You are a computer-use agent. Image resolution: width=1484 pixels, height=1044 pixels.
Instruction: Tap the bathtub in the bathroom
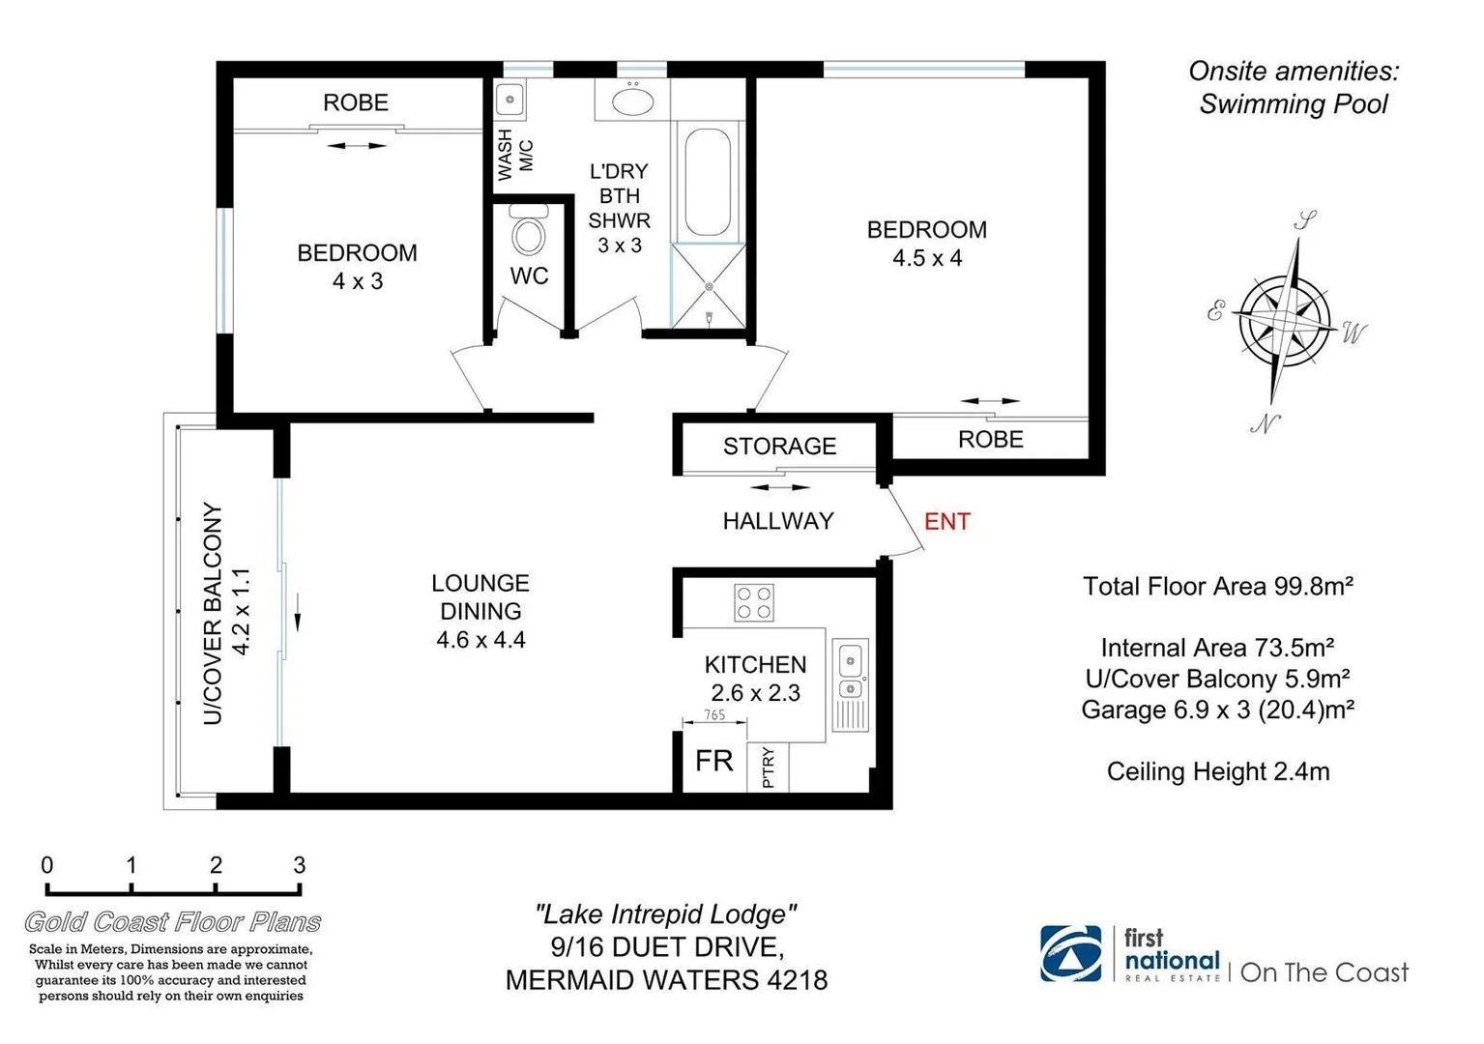coord(707,182)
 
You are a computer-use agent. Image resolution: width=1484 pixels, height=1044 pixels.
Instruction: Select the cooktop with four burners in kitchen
coord(754,602)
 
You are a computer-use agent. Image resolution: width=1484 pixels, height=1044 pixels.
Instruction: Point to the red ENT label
coord(946,522)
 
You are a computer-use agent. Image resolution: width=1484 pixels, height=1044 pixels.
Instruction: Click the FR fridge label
coord(714,762)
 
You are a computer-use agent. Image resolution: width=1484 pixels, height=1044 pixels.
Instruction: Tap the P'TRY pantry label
coord(769,768)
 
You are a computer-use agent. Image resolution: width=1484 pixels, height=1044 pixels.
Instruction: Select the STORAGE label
coord(779,447)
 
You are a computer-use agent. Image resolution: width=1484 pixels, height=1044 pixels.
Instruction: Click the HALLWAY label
coord(778,521)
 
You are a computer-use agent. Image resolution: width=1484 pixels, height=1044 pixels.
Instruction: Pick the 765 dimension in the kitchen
coord(714,715)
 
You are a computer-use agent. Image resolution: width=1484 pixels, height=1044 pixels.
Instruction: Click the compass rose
coord(1285,318)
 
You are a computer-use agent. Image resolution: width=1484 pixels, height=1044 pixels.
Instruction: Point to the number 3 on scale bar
coord(300,865)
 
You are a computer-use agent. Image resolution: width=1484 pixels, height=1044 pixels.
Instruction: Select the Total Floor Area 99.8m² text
coord(1217,587)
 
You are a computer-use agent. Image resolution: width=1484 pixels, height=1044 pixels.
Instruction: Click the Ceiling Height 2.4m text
coord(1217,771)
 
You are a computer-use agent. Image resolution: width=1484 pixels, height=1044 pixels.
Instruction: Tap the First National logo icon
coord(1070,954)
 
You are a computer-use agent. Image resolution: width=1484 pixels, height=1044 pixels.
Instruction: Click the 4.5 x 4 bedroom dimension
coord(926,258)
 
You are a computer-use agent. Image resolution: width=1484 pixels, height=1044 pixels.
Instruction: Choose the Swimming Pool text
coord(1293,104)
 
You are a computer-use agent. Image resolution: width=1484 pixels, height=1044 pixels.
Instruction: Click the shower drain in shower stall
coord(709,286)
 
